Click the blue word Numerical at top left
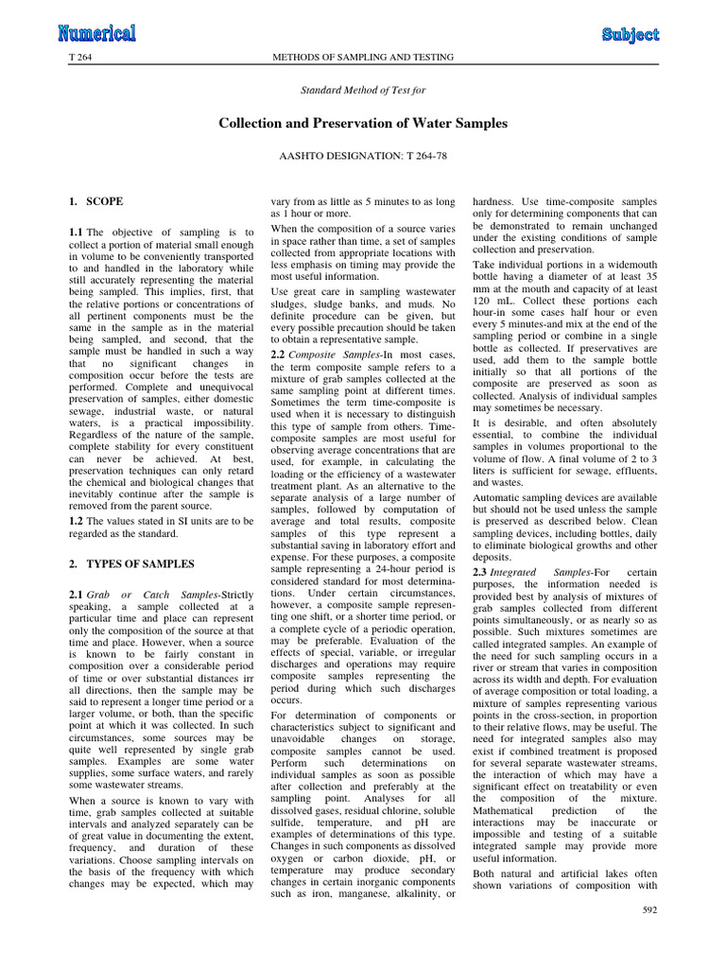96,34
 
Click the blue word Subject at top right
631,35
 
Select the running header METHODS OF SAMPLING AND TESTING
363,58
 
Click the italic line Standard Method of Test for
363,90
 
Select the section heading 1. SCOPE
95,202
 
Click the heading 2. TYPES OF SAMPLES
131,564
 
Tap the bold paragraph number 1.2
77,521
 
